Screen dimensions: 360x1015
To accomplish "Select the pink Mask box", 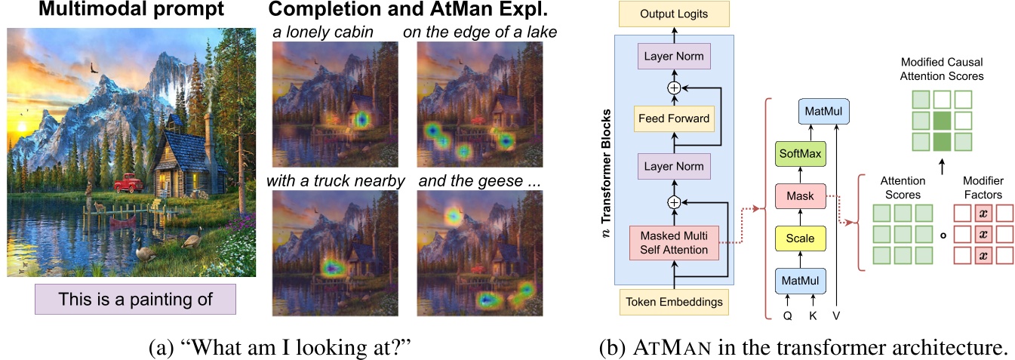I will [x=800, y=196].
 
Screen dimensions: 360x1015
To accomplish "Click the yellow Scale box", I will [x=800, y=238].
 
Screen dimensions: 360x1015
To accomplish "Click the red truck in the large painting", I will [x=131, y=182].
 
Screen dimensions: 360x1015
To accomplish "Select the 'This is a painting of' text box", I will [x=136, y=299].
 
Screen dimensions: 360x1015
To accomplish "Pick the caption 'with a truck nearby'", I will [x=336, y=181].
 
